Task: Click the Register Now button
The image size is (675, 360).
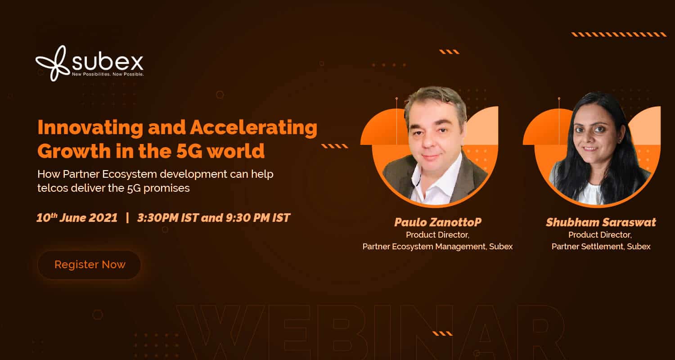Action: point(89,265)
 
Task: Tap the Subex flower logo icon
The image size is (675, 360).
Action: point(51,63)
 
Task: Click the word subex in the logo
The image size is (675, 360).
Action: point(108,62)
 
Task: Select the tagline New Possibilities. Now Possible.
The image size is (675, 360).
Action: point(108,74)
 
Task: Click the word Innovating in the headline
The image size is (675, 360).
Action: point(90,128)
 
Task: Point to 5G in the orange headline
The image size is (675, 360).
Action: point(189,151)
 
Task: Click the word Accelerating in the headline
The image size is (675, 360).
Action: point(253,128)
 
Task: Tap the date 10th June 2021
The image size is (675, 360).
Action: point(77,217)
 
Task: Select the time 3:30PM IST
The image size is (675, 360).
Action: point(168,217)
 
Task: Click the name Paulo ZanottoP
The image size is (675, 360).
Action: point(437,222)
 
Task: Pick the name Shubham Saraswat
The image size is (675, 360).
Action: point(601,222)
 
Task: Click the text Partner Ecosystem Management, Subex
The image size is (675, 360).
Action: point(437,247)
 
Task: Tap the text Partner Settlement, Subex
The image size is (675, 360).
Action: point(601,247)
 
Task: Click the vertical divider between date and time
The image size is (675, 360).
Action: point(127,217)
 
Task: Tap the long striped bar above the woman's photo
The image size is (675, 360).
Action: point(619,34)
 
